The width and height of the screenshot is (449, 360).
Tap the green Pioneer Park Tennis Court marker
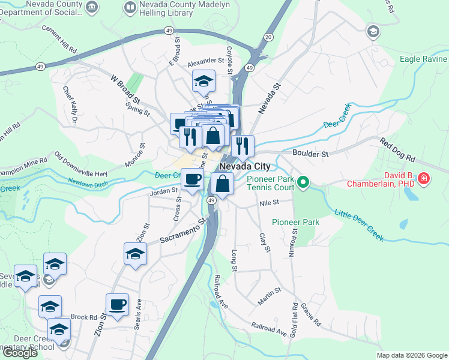point(304,181)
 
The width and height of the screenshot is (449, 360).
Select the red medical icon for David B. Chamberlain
point(424,178)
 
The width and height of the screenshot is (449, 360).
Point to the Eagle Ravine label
point(423,59)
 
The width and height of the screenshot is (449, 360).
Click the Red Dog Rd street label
point(397,150)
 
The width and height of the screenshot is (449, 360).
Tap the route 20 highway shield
point(268,37)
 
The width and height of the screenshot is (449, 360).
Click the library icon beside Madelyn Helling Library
point(130,7)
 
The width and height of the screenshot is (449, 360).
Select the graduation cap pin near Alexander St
point(204,80)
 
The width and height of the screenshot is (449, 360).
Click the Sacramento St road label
point(183,231)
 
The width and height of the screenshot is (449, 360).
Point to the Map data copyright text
point(411,355)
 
